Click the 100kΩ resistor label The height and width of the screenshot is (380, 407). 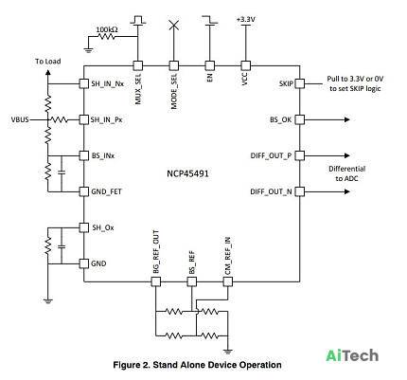pos(107,29)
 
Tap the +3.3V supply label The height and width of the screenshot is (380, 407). pos(246,20)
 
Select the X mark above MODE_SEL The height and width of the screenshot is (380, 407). pos(173,26)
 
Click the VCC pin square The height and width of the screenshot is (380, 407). pos(245,65)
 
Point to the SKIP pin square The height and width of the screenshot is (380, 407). pos(300,83)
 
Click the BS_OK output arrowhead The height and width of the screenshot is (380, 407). pos(347,119)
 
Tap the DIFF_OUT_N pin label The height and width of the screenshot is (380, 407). pos(271,191)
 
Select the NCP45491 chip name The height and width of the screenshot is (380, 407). pos(187,173)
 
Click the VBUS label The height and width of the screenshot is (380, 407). pos(20,119)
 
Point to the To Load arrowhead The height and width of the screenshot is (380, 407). pos(47,72)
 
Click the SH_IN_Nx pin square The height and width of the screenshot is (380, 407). pos(83,83)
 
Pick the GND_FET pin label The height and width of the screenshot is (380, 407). pos(106,191)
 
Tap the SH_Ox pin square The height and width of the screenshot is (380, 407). pos(83,227)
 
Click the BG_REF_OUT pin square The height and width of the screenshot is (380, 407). pos(155,281)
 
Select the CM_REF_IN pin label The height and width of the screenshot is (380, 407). pos(228,256)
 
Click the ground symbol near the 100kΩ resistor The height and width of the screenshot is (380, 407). pos(88,49)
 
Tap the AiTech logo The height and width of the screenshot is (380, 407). pos(352,355)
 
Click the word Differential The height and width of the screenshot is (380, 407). pos(347,169)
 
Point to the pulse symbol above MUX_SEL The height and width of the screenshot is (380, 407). pos(138,19)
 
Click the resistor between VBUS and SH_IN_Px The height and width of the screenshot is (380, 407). pos(59,119)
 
